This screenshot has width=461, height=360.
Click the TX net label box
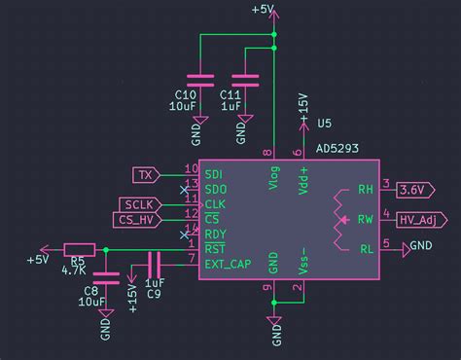pyautogui.click(x=146, y=174)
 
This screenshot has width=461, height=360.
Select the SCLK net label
pyautogui.click(x=140, y=203)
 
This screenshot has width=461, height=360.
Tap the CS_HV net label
pyautogui.click(x=138, y=219)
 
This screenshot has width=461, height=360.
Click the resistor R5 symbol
pyautogui.click(x=79, y=250)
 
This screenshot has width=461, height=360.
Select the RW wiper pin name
pyautogui.click(x=366, y=219)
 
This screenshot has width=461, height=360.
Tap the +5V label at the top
pyautogui.click(x=263, y=10)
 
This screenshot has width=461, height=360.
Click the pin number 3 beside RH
pyautogui.click(x=386, y=184)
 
